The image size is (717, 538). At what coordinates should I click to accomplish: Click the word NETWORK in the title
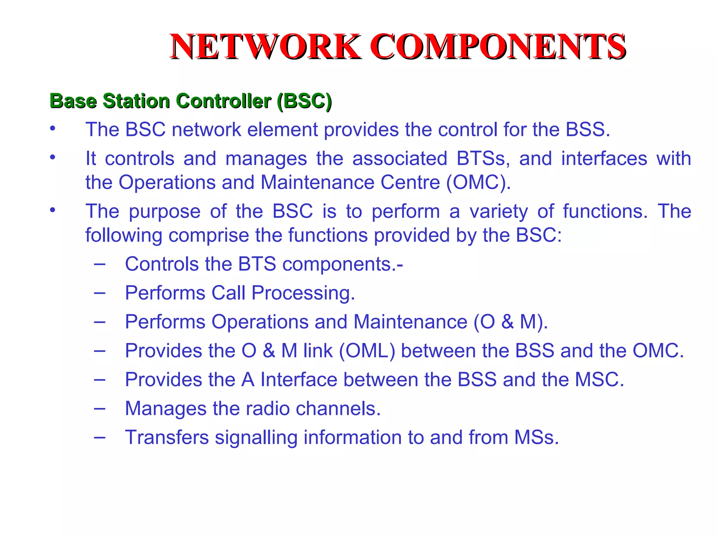(x=265, y=47)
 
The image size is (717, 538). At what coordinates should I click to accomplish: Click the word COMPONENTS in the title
(x=497, y=47)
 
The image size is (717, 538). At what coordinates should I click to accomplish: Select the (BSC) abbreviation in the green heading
(x=304, y=101)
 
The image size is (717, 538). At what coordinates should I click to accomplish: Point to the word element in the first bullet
(x=282, y=130)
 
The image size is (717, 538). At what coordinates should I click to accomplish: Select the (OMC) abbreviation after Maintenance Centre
(x=478, y=182)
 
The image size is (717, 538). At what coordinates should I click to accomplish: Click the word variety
(x=499, y=212)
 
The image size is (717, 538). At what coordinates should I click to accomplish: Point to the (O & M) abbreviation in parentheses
(x=511, y=322)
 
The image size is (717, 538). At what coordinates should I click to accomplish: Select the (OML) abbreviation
(x=367, y=351)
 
